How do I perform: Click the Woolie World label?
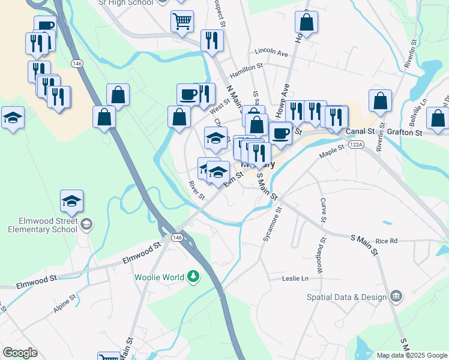click(158, 277)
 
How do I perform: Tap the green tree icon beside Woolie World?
click(193, 277)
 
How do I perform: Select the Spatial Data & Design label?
click(352, 297)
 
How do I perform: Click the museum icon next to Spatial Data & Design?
click(396, 296)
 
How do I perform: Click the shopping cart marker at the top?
click(182, 22)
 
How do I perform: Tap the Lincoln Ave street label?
click(271, 53)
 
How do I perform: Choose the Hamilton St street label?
click(246, 69)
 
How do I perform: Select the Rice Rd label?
click(386, 241)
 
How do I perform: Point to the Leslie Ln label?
click(295, 278)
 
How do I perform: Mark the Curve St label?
click(323, 210)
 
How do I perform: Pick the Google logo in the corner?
click(20, 353)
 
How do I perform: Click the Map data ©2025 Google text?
click(411, 355)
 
